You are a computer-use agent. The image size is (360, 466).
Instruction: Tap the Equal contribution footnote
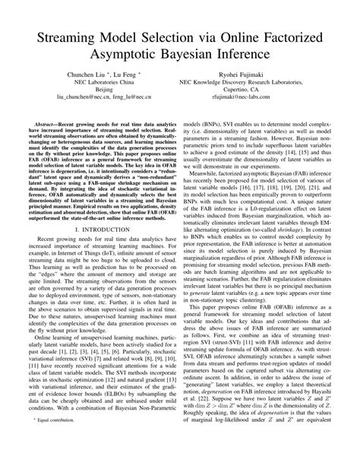(58, 439)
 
